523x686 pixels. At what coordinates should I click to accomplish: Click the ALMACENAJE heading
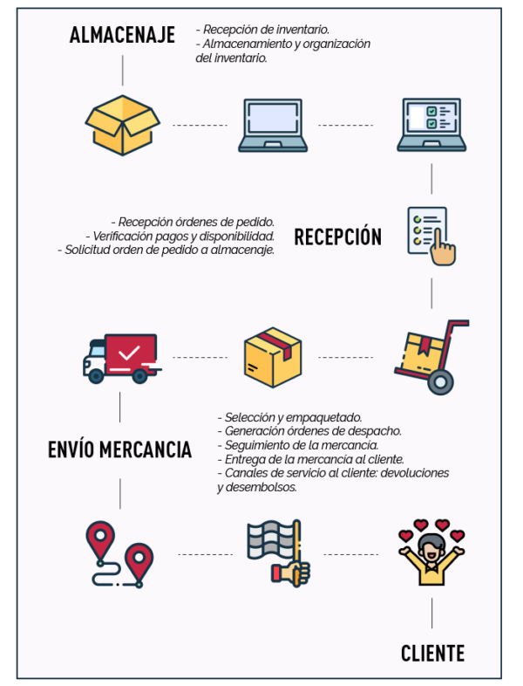point(122,36)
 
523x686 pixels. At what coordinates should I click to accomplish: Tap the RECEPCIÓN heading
point(337,237)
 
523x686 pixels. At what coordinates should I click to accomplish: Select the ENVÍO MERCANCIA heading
point(119,449)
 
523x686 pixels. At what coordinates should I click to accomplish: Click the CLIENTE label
point(432,653)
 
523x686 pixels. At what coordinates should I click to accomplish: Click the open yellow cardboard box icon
point(123,125)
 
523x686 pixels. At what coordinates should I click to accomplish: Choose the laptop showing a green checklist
point(432,126)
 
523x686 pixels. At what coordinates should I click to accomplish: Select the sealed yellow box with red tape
point(273,357)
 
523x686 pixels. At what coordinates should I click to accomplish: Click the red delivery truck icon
point(122,357)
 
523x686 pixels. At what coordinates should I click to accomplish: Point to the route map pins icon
point(120,553)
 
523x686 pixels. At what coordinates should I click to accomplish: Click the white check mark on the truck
point(130,353)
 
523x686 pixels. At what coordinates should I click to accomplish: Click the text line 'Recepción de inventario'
point(262,30)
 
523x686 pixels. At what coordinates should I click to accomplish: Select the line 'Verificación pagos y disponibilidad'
point(181,236)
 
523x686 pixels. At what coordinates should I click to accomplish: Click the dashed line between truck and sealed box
point(200,358)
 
